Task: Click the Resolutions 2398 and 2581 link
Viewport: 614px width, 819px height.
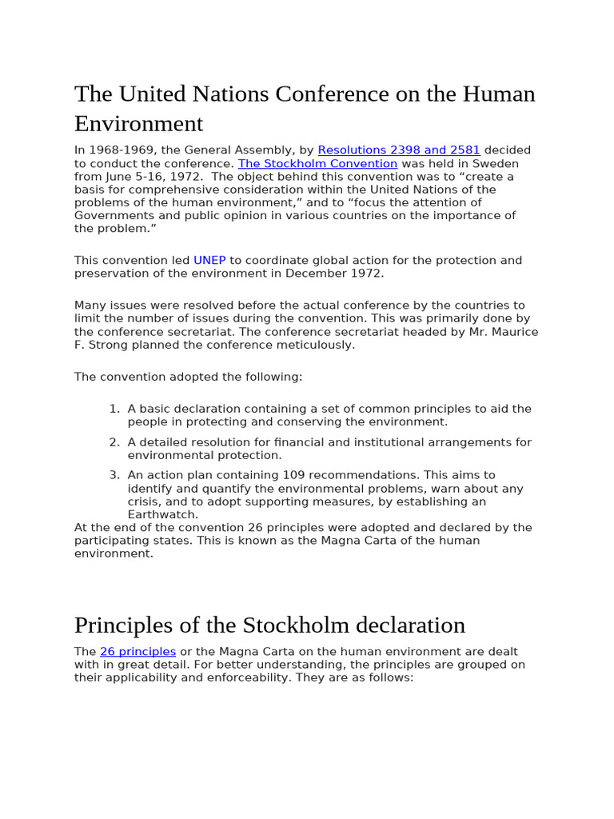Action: tap(398, 150)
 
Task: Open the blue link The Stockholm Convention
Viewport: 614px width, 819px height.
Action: tap(317, 163)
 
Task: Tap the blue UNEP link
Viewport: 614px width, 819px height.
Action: tap(209, 260)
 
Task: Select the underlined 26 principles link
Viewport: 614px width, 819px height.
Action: tap(138, 652)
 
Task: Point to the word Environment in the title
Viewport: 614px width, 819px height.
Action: tap(138, 124)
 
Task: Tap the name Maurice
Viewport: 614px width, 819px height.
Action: tap(508, 331)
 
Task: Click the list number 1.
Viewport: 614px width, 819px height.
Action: tap(114, 409)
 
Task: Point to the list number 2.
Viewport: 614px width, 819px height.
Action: tap(114, 442)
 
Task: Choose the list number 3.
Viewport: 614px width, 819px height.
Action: tap(114, 475)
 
